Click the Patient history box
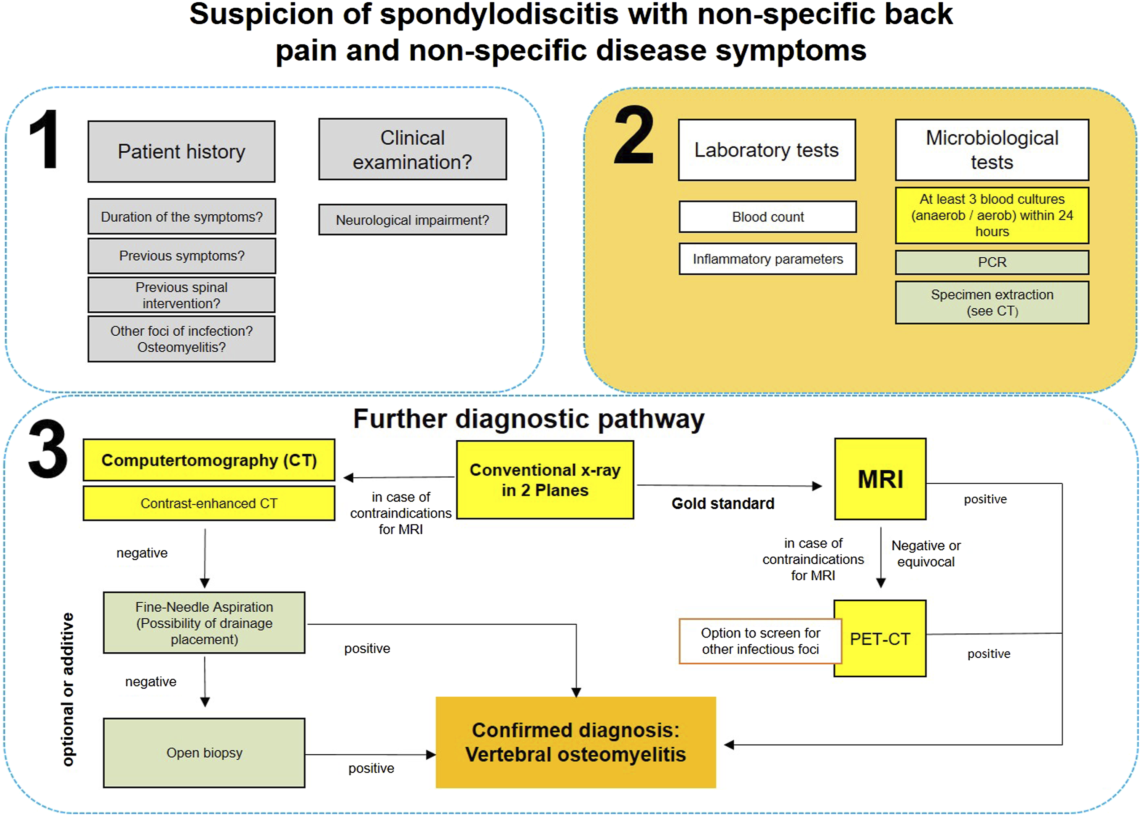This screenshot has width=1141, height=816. [182, 151]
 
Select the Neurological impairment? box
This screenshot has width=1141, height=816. [413, 220]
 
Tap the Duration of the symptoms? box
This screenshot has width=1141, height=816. [182, 217]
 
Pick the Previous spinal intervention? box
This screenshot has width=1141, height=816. [182, 295]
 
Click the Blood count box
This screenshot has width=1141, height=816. [768, 217]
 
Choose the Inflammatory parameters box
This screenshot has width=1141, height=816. [768, 259]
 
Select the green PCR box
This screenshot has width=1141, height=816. [992, 262]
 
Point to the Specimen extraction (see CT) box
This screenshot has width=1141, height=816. [992, 303]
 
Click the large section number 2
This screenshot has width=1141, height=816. [634, 135]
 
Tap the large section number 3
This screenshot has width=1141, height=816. [48, 449]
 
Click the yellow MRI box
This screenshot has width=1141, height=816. [880, 479]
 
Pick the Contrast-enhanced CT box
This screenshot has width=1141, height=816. [209, 503]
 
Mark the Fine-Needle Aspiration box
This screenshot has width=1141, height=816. [204, 623]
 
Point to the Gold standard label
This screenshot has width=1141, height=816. [723, 504]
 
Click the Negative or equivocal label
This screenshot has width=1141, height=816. [926, 554]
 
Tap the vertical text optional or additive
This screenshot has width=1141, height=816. [67, 689]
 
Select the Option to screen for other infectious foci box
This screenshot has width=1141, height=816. [761, 641]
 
